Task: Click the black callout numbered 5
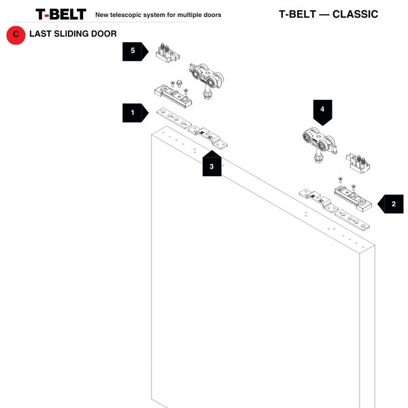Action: (x=134, y=51)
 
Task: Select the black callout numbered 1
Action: (x=134, y=112)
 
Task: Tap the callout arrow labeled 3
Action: (x=211, y=165)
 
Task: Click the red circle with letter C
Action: (x=16, y=35)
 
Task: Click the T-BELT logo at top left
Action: (x=61, y=14)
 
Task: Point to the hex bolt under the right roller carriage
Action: (x=317, y=160)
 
